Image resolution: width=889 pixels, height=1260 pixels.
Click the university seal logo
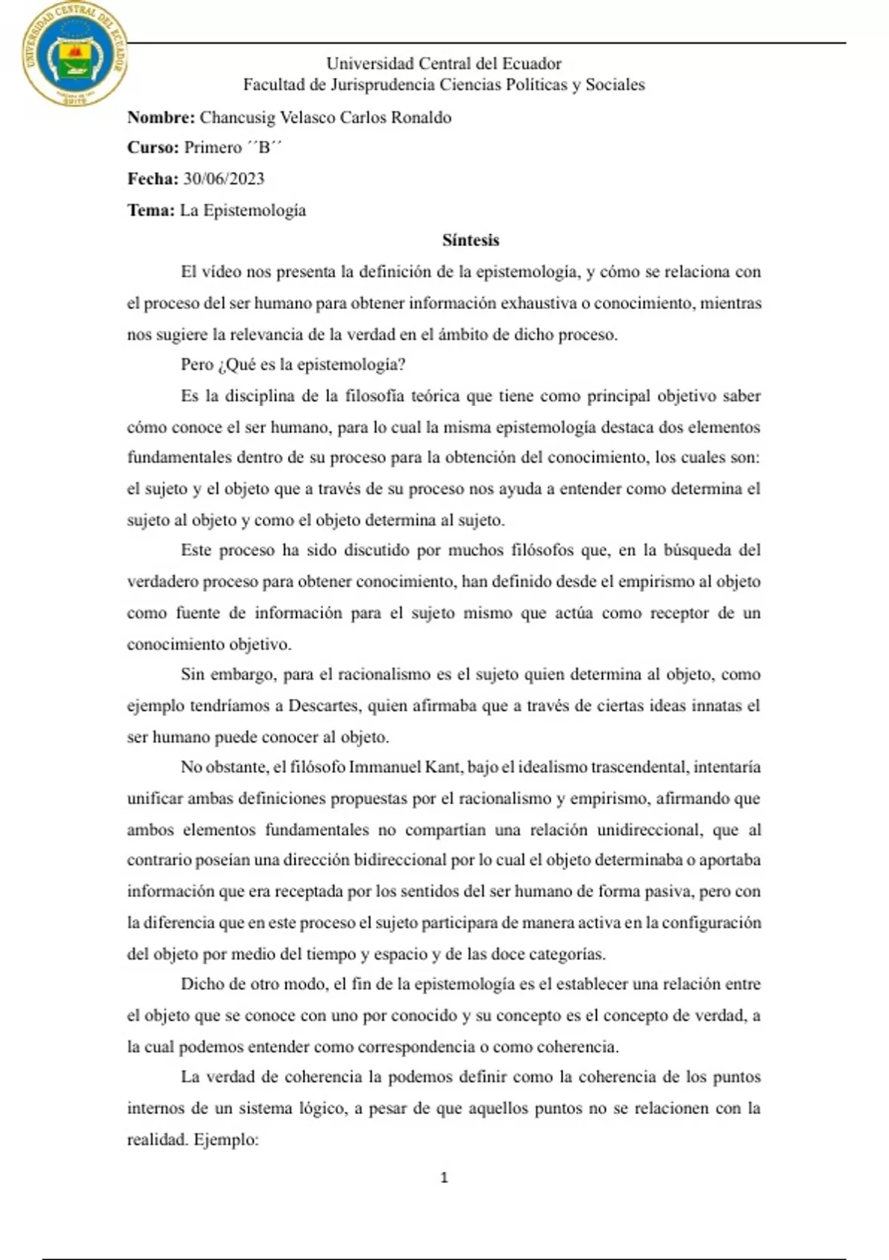[74, 54]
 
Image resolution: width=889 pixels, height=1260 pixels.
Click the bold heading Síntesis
[470, 240]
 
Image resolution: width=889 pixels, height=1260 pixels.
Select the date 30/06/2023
[224, 179]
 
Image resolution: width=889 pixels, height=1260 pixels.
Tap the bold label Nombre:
[161, 117]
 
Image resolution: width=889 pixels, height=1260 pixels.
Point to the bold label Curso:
[153, 147]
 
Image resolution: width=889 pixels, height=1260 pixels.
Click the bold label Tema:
[150, 210]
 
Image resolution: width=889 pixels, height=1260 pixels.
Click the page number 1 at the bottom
[444, 1178]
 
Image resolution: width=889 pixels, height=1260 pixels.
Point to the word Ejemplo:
[226, 1140]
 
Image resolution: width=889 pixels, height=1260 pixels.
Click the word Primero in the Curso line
[213, 147]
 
